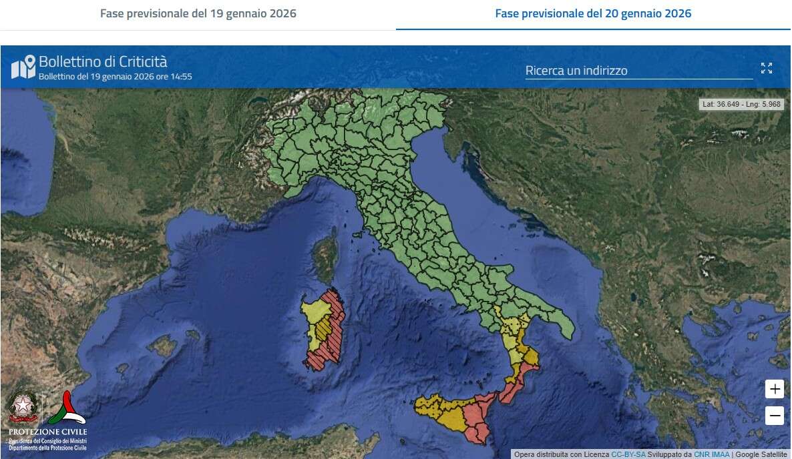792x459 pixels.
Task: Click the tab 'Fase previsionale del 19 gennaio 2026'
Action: coord(198,13)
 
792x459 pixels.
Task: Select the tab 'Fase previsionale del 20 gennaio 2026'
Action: coord(592,13)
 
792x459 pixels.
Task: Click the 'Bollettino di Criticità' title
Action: coord(103,62)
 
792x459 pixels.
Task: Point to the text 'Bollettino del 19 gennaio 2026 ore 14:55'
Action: coord(115,77)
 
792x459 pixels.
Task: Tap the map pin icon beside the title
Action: coord(23,67)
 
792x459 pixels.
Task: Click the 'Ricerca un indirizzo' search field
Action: coord(638,71)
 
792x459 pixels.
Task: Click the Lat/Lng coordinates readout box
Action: coord(741,104)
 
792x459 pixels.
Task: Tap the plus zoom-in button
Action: coord(774,389)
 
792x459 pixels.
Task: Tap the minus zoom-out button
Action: coord(774,416)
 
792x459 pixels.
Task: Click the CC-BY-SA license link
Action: coord(628,454)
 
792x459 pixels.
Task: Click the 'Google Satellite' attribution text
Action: coord(761,454)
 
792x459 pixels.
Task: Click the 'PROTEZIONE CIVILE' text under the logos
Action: coord(47,432)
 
